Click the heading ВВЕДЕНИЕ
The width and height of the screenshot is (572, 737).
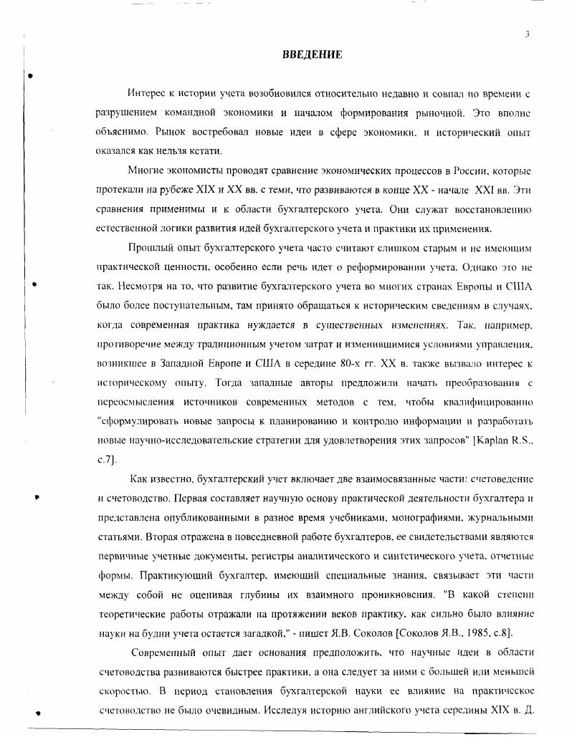tap(311, 55)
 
